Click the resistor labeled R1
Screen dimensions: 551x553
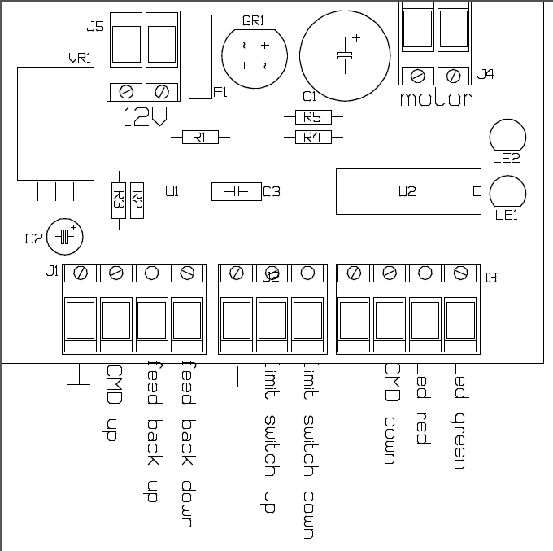point(200,138)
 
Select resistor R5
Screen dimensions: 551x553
point(312,117)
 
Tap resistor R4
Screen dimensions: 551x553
point(312,138)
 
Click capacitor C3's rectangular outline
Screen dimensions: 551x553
point(235,192)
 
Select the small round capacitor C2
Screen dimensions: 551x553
point(66,237)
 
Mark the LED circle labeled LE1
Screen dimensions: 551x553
point(507,192)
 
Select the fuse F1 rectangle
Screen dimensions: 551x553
point(199,57)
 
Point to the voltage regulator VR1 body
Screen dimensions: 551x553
point(55,123)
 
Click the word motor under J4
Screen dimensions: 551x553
point(435,100)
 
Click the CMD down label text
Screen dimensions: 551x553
point(390,414)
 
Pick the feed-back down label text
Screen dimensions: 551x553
point(185,444)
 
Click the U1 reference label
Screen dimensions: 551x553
point(172,192)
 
